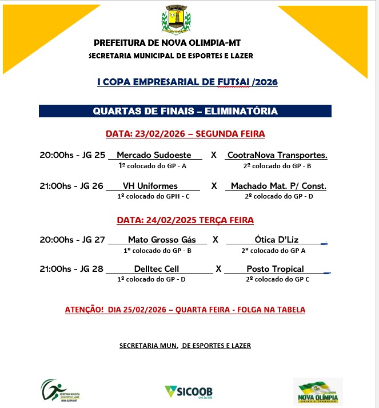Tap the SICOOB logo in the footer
point(189,392)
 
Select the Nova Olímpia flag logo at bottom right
point(318,392)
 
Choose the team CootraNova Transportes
point(277,155)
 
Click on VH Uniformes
point(150,186)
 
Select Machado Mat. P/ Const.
point(278,186)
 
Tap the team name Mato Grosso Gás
point(162,240)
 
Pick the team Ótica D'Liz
point(277,240)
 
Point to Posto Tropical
point(275,269)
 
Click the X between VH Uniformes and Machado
point(214,186)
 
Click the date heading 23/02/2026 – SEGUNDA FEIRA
point(185,134)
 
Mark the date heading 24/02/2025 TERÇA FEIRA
point(185,220)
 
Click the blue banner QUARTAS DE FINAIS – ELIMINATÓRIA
point(185,111)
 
